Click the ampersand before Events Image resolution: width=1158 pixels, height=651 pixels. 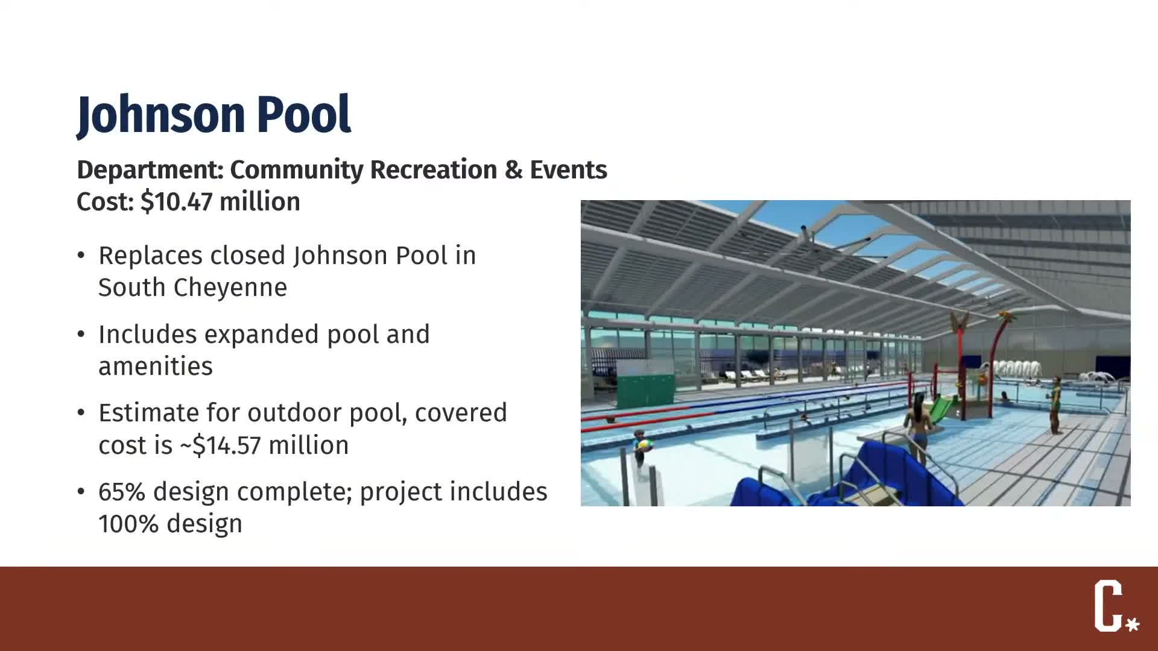tap(513, 170)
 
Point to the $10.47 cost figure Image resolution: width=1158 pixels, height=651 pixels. tap(176, 202)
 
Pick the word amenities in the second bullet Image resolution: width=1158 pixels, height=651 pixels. tap(156, 366)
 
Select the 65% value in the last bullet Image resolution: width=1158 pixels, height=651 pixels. tap(122, 492)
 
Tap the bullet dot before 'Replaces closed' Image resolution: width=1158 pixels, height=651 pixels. tap(81, 256)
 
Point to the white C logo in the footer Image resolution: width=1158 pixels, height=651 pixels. tap(1108, 605)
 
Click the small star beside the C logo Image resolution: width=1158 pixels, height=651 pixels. tap(1133, 624)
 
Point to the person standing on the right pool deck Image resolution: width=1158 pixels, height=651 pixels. tap(1055, 404)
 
